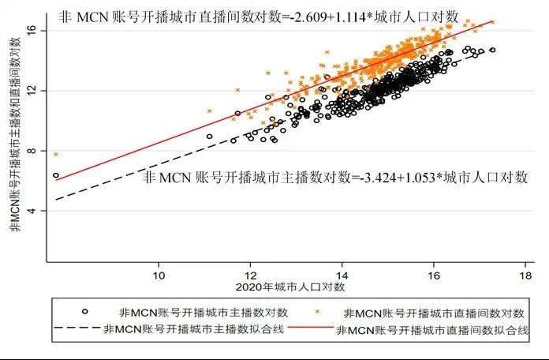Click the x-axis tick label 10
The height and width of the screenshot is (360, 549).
[x=159, y=274]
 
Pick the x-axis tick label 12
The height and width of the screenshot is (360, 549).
[x=250, y=274]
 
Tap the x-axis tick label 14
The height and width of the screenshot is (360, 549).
[x=342, y=274]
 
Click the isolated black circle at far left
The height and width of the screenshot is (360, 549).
[x=55, y=175]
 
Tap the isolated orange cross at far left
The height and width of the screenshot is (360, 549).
[x=55, y=154]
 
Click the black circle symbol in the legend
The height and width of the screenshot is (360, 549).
[x=85, y=310]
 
